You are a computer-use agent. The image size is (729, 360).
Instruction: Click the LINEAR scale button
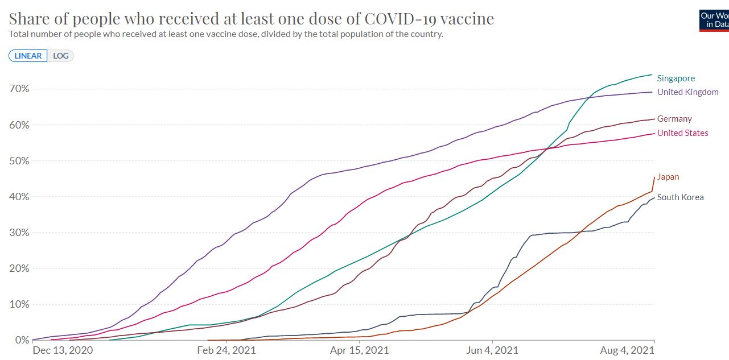28,56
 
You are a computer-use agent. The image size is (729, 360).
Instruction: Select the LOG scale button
60,56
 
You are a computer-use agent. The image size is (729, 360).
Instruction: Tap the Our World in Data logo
714,20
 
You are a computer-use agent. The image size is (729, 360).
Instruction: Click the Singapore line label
676,78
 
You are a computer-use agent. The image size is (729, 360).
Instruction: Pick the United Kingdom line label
687,92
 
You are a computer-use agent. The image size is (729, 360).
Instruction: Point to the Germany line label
674,119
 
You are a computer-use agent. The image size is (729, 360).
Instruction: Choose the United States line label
682,133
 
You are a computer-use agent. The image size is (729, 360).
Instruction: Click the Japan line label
668,177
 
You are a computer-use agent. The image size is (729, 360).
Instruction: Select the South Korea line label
680,197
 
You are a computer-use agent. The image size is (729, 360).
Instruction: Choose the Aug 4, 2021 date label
627,350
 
